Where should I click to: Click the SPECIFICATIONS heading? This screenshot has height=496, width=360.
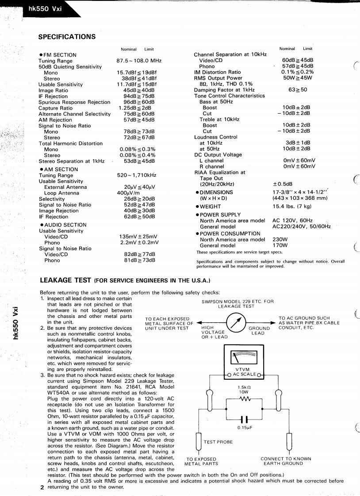67,37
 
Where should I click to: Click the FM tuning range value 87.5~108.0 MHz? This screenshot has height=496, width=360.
139,61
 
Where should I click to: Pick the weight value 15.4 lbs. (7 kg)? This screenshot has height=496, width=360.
292,206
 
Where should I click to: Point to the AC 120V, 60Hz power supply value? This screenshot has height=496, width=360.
292,220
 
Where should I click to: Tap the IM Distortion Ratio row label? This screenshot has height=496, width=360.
217,72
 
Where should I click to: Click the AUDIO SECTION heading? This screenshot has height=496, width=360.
62,225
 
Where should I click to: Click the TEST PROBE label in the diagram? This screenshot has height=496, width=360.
218,442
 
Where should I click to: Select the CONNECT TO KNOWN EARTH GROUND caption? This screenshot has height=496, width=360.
286,461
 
